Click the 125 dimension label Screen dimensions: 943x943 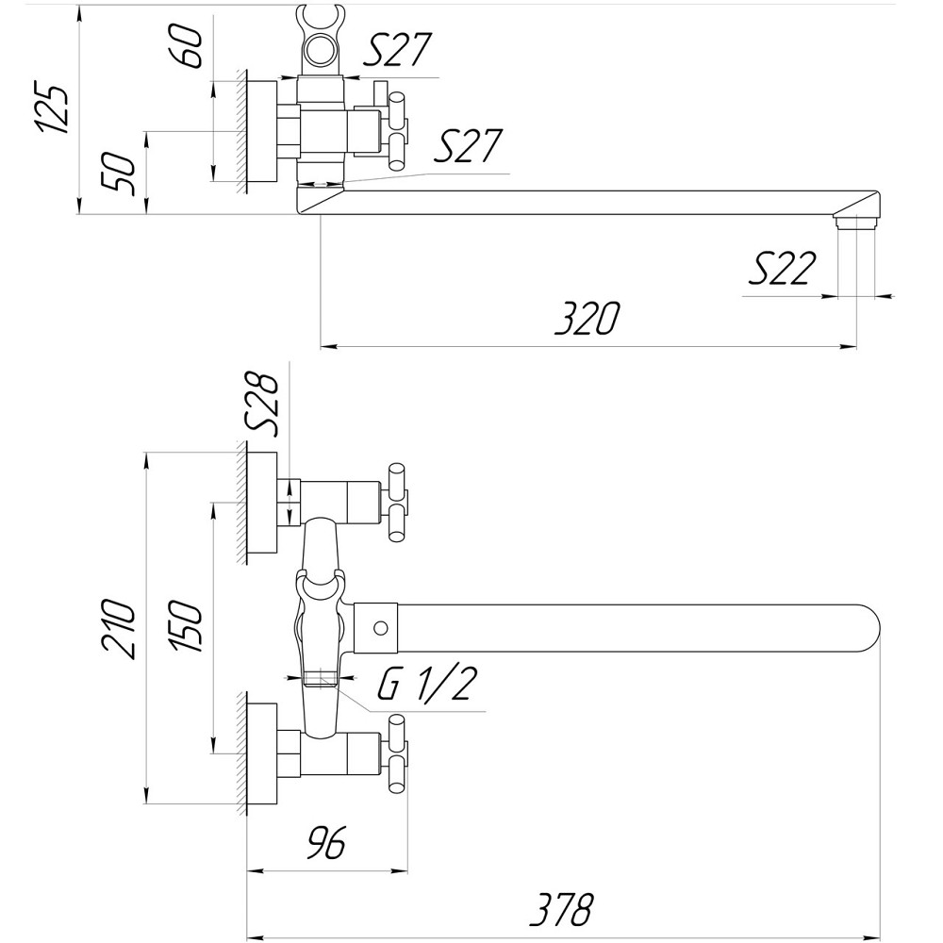(53, 109)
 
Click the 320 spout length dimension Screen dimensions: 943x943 (587, 319)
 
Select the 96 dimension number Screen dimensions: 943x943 (323, 841)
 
